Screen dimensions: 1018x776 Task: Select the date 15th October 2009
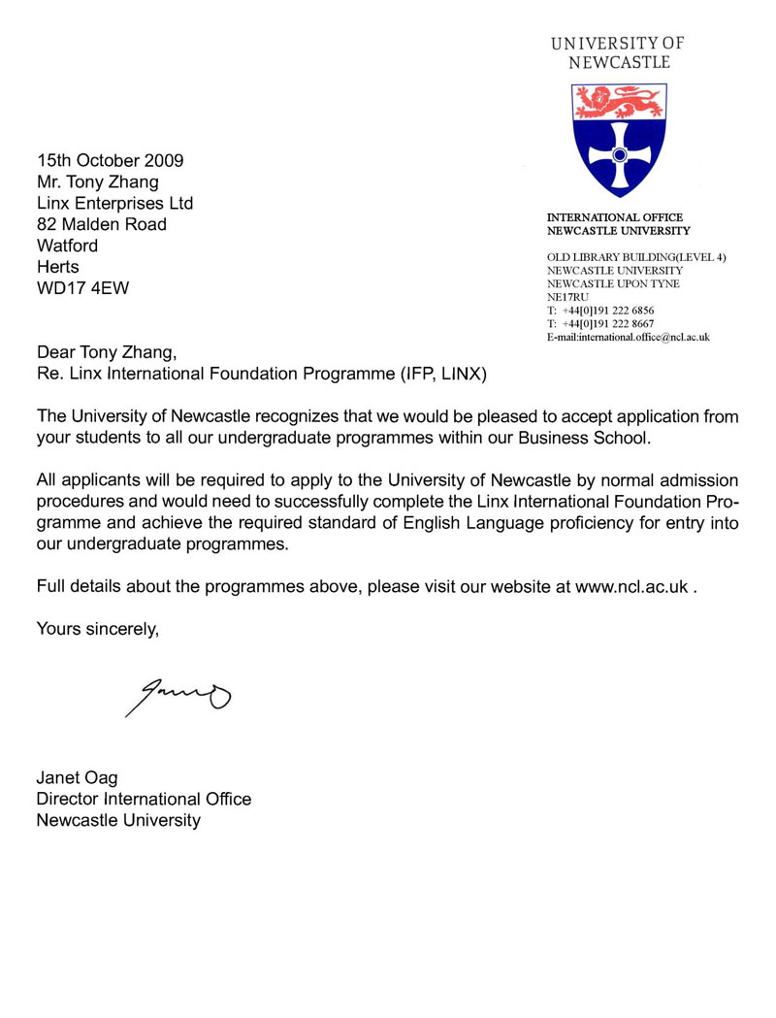[111, 160]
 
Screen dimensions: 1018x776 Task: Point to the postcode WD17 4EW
[82, 288]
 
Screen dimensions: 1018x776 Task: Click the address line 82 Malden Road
[102, 224]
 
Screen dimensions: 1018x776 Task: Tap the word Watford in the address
[68, 246]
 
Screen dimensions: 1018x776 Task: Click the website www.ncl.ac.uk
[632, 587]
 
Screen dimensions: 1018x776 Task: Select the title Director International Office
[144, 799]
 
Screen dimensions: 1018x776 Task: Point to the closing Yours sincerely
[97, 628]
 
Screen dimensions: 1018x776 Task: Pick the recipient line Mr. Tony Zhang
[98, 181]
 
